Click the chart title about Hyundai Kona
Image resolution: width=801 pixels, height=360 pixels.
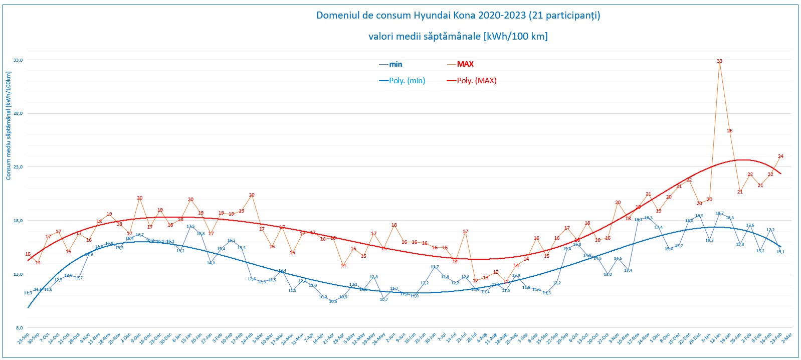pos(458,15)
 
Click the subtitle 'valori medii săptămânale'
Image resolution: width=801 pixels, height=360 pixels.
pos(458,36)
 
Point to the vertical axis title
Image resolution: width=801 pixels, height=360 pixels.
pos(9,125)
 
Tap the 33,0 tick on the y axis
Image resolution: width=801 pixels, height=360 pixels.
pos(18,60)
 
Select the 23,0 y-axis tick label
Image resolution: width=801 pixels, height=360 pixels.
pos(18,167)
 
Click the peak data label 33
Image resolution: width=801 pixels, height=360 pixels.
pos(719,61)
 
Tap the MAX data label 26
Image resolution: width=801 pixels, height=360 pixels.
pos(730,131)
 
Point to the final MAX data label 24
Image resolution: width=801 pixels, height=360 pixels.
pos(780,156)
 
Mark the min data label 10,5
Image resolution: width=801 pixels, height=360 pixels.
pos(333,301)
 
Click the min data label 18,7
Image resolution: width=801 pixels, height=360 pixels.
pos(719,214)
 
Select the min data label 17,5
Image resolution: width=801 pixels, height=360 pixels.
pos(190,226)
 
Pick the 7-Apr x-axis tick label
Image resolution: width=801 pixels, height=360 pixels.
pos(309,337)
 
